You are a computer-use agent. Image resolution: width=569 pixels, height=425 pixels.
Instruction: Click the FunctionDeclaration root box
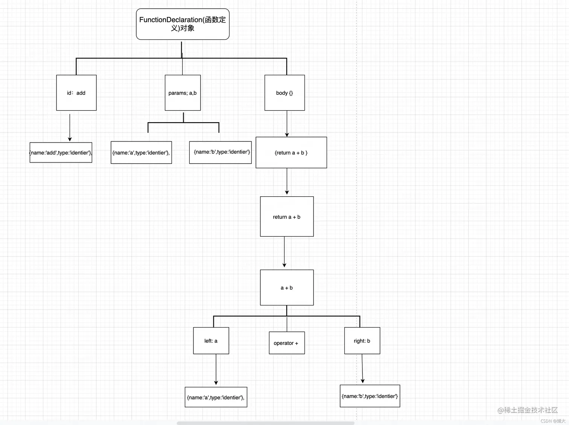[x=183, y=24]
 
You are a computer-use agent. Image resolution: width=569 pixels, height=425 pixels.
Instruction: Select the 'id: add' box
[x=76, y=93]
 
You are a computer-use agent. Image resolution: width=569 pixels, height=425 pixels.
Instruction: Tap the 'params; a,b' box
[x=183, y=93]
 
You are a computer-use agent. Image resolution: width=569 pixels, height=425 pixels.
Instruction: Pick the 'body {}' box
[x=284, y=93]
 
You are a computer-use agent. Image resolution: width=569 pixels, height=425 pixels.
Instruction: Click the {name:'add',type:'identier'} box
[x=61, y=152]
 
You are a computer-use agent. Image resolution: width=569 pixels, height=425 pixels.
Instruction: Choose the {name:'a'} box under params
[x=141, y=152]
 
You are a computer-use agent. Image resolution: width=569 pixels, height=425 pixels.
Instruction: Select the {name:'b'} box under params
[x=220, y=152]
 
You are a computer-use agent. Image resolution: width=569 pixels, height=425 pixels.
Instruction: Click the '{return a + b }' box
[x=291, y=152]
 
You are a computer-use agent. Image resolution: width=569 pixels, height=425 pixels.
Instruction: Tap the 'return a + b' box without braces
[x=287, y=216]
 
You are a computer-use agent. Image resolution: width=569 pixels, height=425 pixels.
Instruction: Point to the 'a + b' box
[x=287, y=287]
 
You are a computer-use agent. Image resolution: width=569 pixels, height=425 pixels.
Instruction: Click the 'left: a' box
[x=211, y=340]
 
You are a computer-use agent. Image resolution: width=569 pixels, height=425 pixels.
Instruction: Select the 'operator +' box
[x=287, y=343]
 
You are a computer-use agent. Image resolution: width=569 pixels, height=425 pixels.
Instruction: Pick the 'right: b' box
[x=362, y=340]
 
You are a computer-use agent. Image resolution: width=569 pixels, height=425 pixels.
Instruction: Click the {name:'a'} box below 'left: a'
[x=216, y=397]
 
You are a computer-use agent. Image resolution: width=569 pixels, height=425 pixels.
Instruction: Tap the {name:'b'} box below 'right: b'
[x=370, y=396]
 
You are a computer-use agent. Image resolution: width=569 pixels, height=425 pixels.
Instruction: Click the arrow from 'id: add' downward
[x=70, y=127]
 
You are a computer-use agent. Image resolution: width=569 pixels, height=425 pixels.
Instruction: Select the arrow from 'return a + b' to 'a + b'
[x=284, y=252]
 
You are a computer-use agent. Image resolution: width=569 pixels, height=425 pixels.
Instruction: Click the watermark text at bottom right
[x=528, y=410]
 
